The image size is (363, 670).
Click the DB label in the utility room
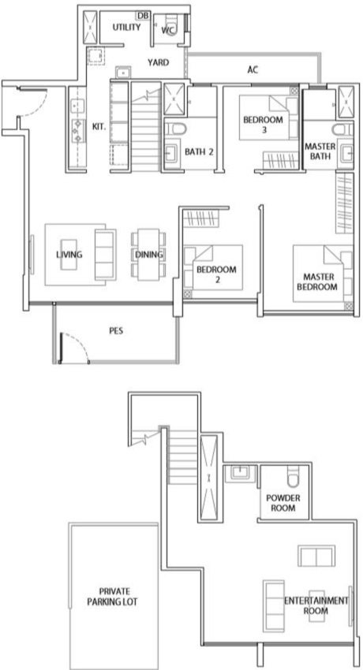142,16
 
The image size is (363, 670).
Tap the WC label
167,30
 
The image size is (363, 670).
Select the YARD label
158,63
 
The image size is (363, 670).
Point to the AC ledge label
253,69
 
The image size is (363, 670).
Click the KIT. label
99,127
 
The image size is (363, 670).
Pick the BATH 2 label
199,151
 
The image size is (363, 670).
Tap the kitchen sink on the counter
78,105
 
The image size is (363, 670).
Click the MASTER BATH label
320,151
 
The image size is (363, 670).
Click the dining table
149,255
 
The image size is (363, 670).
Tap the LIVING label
69,255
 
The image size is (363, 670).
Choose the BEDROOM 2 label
216,274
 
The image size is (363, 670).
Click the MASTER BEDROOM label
317,281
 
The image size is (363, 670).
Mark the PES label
116,331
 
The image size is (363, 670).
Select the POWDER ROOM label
283,503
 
